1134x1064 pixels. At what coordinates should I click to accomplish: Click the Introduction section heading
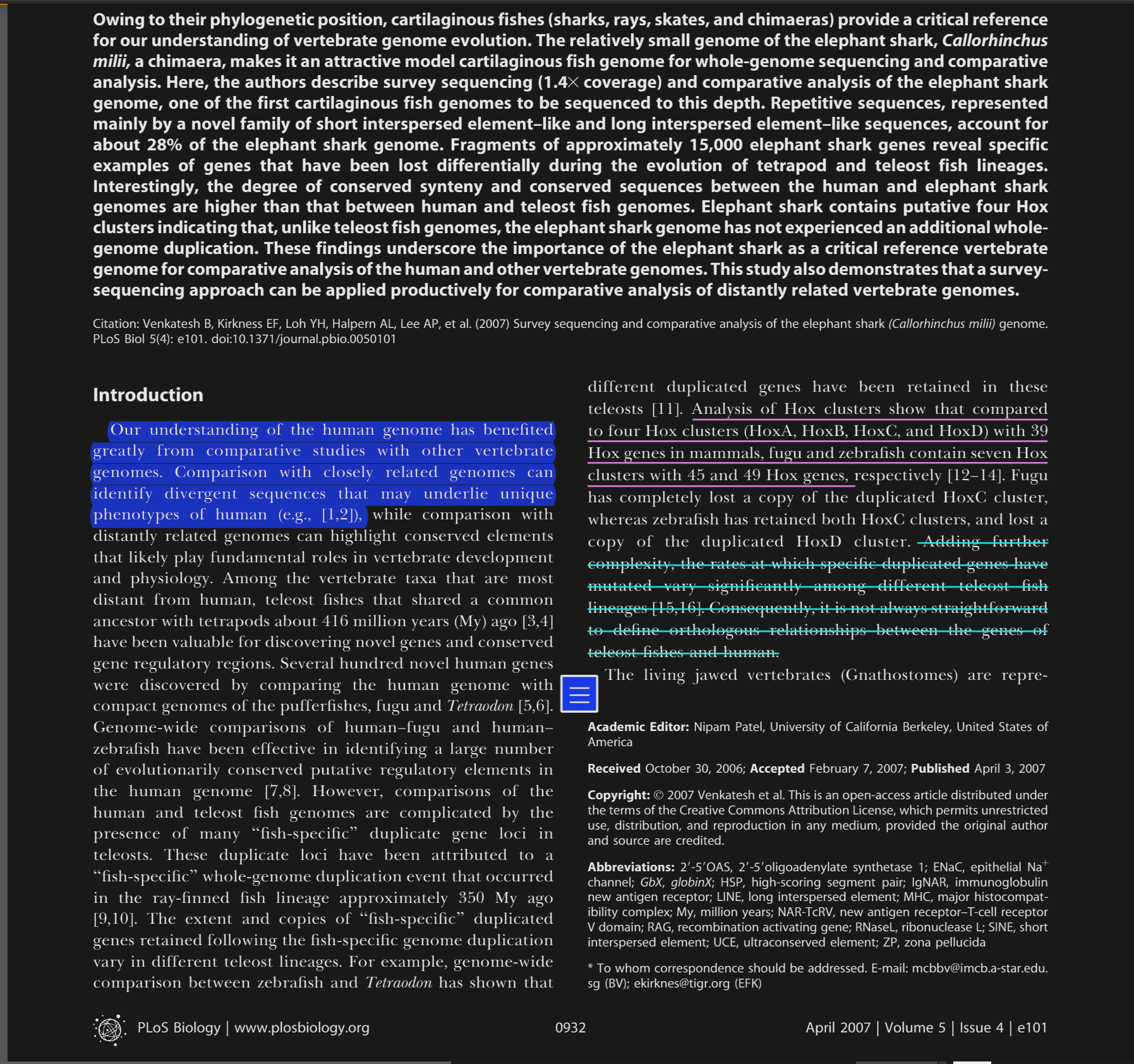point(148,395)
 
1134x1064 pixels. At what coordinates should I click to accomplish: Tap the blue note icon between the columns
point(579,694)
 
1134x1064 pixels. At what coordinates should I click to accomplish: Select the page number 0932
point(570,1028)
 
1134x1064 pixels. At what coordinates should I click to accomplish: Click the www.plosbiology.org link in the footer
point(301,1028)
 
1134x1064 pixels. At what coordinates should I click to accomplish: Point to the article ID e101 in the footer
point(1032,1028)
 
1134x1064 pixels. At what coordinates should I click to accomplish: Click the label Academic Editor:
point(637,727)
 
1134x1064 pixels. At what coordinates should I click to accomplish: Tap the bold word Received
point(613,769)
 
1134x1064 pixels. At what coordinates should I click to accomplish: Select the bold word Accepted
point(776,769)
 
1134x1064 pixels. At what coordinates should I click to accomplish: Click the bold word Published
point(939,769)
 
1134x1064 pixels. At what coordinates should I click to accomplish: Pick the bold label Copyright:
point(618,795)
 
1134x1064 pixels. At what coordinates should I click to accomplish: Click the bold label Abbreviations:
point(630,868)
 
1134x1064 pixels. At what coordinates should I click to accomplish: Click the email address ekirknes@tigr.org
point(682,984)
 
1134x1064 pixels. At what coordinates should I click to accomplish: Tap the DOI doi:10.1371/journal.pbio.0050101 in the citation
point(303,339)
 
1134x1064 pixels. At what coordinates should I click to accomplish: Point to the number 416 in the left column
point(335,622)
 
